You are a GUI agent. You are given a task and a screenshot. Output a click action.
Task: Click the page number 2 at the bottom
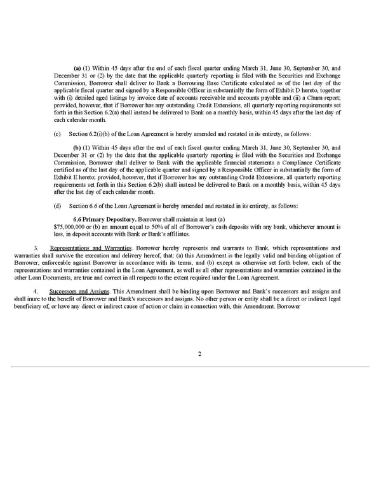[199, 354]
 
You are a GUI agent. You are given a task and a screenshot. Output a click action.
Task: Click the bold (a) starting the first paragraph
[77, 67]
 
